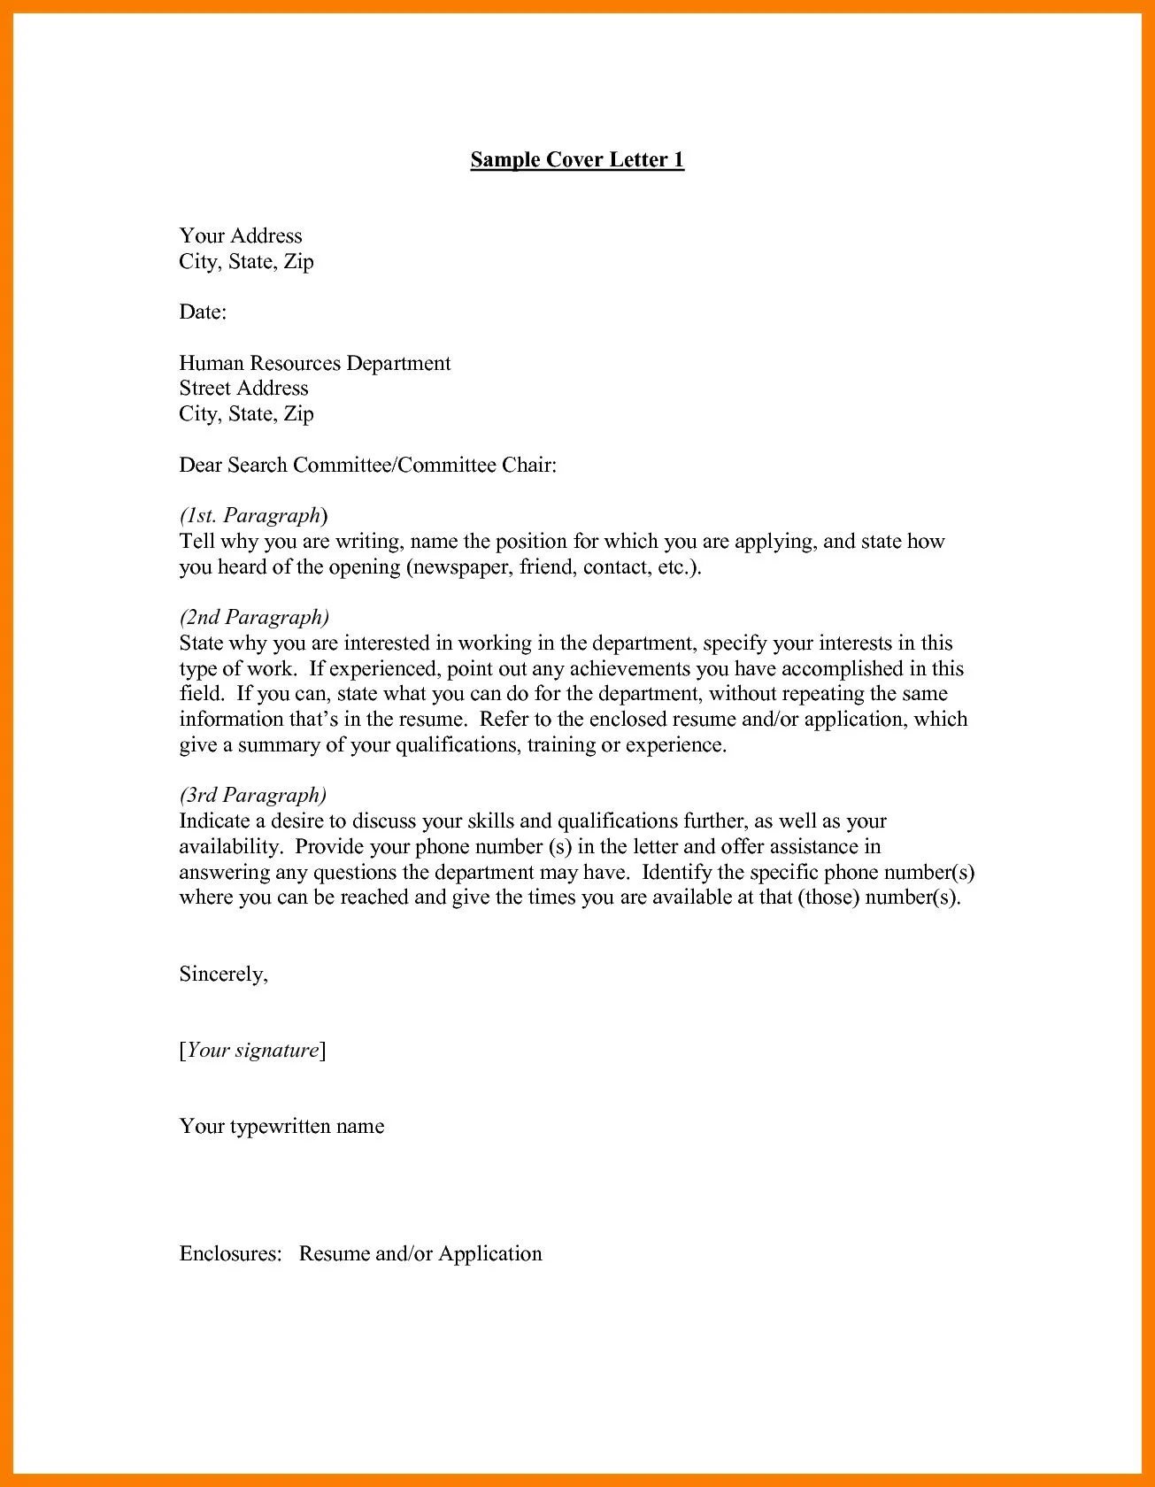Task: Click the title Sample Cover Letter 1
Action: coord(577,159)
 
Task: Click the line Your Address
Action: coord(241,235)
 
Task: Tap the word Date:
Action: coord(203,312)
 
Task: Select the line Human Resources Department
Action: coord(314,363)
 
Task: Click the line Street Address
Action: coord(243,388)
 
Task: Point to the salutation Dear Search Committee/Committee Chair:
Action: coord(367,465)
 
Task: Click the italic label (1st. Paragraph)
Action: coord(253,515)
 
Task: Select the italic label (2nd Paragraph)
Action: coord(254,617)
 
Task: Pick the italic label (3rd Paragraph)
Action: coord(253,795)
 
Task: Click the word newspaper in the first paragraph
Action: coord(460,566)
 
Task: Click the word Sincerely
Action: coord(222,974)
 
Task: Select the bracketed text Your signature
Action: coord(252,1050)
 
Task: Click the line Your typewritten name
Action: coord(281,1126)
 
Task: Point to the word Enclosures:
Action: coord(230,1253)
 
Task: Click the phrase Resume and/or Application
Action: coord(420,1253)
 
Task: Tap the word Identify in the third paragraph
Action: coord(676,872)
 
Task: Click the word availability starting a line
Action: coord(229,846)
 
